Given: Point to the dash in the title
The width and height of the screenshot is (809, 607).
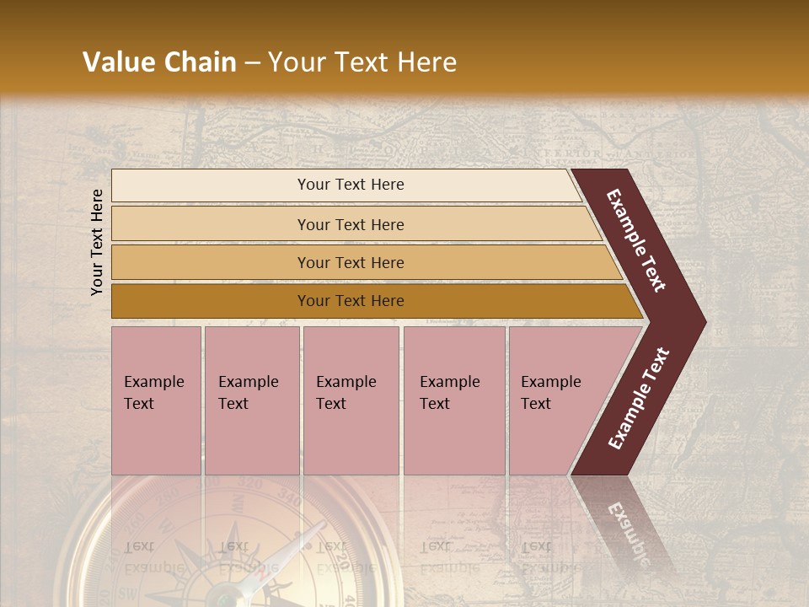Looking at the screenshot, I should coord(252,63).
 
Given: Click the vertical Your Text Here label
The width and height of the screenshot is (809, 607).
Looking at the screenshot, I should coord(97,242).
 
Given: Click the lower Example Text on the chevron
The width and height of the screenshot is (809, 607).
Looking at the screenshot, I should coord(638,399).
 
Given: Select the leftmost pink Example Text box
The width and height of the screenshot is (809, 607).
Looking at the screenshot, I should coord(156,400).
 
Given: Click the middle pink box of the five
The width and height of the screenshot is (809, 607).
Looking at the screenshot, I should coord(351,400).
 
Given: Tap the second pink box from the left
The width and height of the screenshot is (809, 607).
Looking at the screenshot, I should coord(252,400).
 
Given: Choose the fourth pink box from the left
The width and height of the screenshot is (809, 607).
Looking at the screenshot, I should coord(454,400).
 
